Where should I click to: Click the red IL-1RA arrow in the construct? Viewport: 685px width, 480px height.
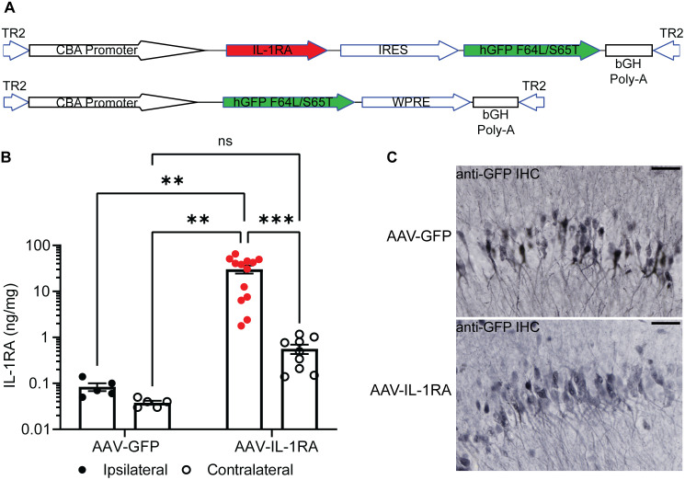pyautogui.click(x=276, y=51)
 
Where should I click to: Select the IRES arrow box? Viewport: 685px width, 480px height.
pyautogui.click(x=399, y=51)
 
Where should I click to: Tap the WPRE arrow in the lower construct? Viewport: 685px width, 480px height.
pyautogui.click(x=415, y=103)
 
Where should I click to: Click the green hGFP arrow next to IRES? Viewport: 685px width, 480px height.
pyautogui.click(x=531, y=51)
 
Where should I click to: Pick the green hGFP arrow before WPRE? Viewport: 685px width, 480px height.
pyautogui.click(x=289, y=103)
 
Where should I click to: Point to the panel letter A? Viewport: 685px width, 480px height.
pyautogui.click(x=9, y=8)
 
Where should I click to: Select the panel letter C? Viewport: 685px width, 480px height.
pyautogui.click(x=392, y=157)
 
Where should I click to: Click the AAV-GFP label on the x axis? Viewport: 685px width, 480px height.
pyautogui.click(x=126, y=447)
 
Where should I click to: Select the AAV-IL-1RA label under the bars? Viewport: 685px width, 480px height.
pyautogui.click(x=277, y=447)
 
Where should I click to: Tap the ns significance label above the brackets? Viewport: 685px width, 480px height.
pyautogui.click(x=225, y=141)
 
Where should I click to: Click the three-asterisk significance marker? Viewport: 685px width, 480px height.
pyautogui.click(x=276, y=219)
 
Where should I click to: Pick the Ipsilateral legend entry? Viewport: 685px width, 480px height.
pyautogui.click(x=123, y=470)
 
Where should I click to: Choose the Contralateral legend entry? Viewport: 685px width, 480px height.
pyautogui.click(x=238, y=470)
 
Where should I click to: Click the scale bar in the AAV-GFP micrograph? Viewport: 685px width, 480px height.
pyautogui.click(x=666, y=168)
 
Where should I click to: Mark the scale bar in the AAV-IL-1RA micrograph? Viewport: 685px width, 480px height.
pyautogui.click(x=666, y=324)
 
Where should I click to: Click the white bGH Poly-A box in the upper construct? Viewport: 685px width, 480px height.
pyautogui.click(x=629, y=51)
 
